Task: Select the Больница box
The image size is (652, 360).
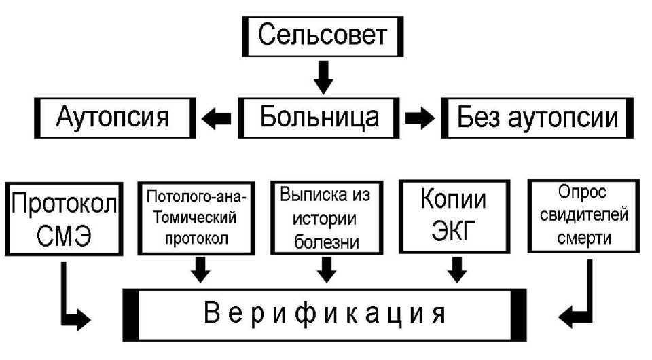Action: [319, 118]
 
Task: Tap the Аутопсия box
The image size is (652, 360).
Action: [113, 118]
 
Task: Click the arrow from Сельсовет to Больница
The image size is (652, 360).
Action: [325, 76]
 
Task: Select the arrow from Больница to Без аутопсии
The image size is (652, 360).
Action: [420, 118]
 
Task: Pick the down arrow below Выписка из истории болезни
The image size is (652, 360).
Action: [327, 271]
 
